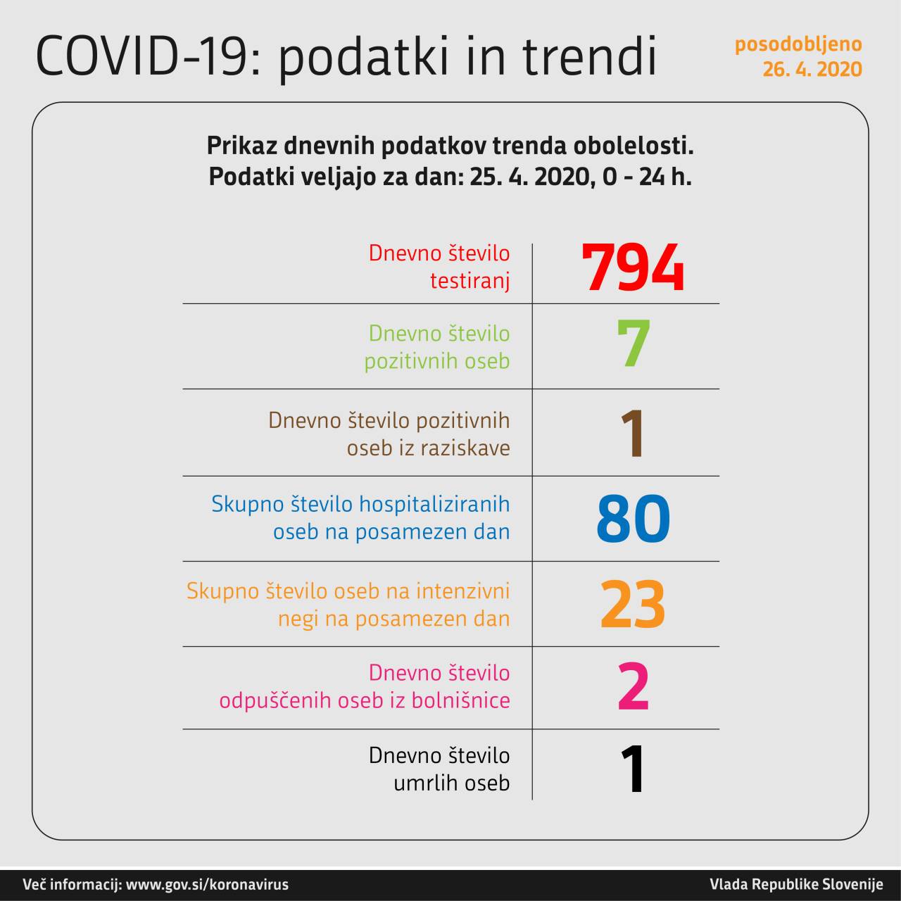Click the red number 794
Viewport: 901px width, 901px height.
coord(633,268)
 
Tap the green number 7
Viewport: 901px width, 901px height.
coord(634,344)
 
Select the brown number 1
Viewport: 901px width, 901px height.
coord(634,434)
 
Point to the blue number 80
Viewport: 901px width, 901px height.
coord(633,519)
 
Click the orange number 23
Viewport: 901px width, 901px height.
coord(633,605)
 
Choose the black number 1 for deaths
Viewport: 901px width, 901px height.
coord(634,770)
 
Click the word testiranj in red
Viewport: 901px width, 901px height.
coord(470,282)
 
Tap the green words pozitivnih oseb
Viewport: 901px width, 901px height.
coord(436,361)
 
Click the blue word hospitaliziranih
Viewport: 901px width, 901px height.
coord(435,504)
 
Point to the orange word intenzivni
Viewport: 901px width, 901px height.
coord(462,591)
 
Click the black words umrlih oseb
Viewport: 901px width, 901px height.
coord(451,783)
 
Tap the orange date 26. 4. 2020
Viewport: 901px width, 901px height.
coord(812,70)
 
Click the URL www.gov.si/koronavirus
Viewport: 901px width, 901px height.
coord(207,885)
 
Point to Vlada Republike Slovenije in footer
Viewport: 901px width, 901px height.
coord(796,885)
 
